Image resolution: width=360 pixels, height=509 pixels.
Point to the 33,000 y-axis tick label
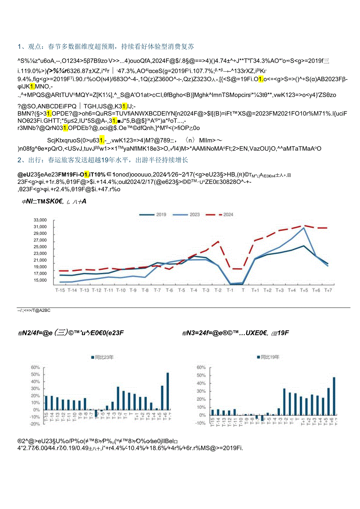pyautogui.click(x=41, y=220)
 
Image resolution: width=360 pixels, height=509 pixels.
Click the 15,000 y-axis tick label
pyautogui.click(x=41, y=280)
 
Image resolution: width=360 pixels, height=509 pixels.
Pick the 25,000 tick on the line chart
pyautogui.click(x=41, y=247)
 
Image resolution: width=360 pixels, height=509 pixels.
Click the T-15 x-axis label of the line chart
pyautogui.click(x=60, y=290)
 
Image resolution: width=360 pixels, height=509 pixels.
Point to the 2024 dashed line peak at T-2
pyautogui.click(x=218, y=241)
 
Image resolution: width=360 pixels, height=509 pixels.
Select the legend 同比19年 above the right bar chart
pyautogui.click(x=270, y=357)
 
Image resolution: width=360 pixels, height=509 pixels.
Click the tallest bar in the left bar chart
pyautogui.click(x=168, y=391)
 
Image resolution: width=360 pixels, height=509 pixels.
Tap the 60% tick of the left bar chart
pyautogui.click(x=36, y=367)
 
